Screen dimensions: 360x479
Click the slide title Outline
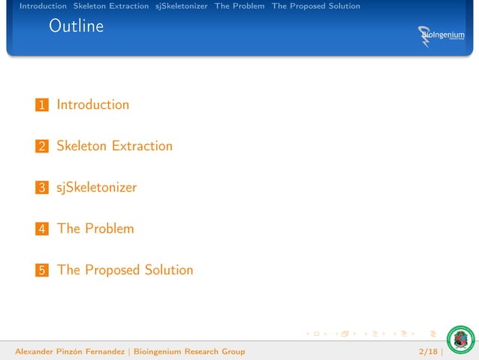pyautogui.click(x=76, y=27)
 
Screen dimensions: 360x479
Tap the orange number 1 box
pyautogui.click(x=42, y=106)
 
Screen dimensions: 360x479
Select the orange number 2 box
pyautogui.click(x=42, y=147)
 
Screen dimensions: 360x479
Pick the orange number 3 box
pyautogui.click(x=42, y=188)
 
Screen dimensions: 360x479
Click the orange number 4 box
pyautogui.click(x=42, y=229)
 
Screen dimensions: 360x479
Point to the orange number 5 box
pyautogui.click(x=42, y=271)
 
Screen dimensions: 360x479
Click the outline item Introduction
pyautogui.click(x=93, y=105)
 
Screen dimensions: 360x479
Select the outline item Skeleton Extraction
pyautogui.click(x=114, y=146)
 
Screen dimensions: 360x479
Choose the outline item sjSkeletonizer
pyautogui.click(x=96, y=187)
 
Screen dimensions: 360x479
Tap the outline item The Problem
pyautogui.click(x=95, y=228)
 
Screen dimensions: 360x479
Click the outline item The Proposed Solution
pyautogui.click(x=125, y=270)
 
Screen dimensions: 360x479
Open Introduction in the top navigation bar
pyautogui.click(x=43, y=6)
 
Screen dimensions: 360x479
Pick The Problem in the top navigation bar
pyautogui.click(x=239, y=6)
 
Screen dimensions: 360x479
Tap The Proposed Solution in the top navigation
pyautogui.click(x=315, y=6)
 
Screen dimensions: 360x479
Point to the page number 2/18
pyautogui.click(x=429, y=351)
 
